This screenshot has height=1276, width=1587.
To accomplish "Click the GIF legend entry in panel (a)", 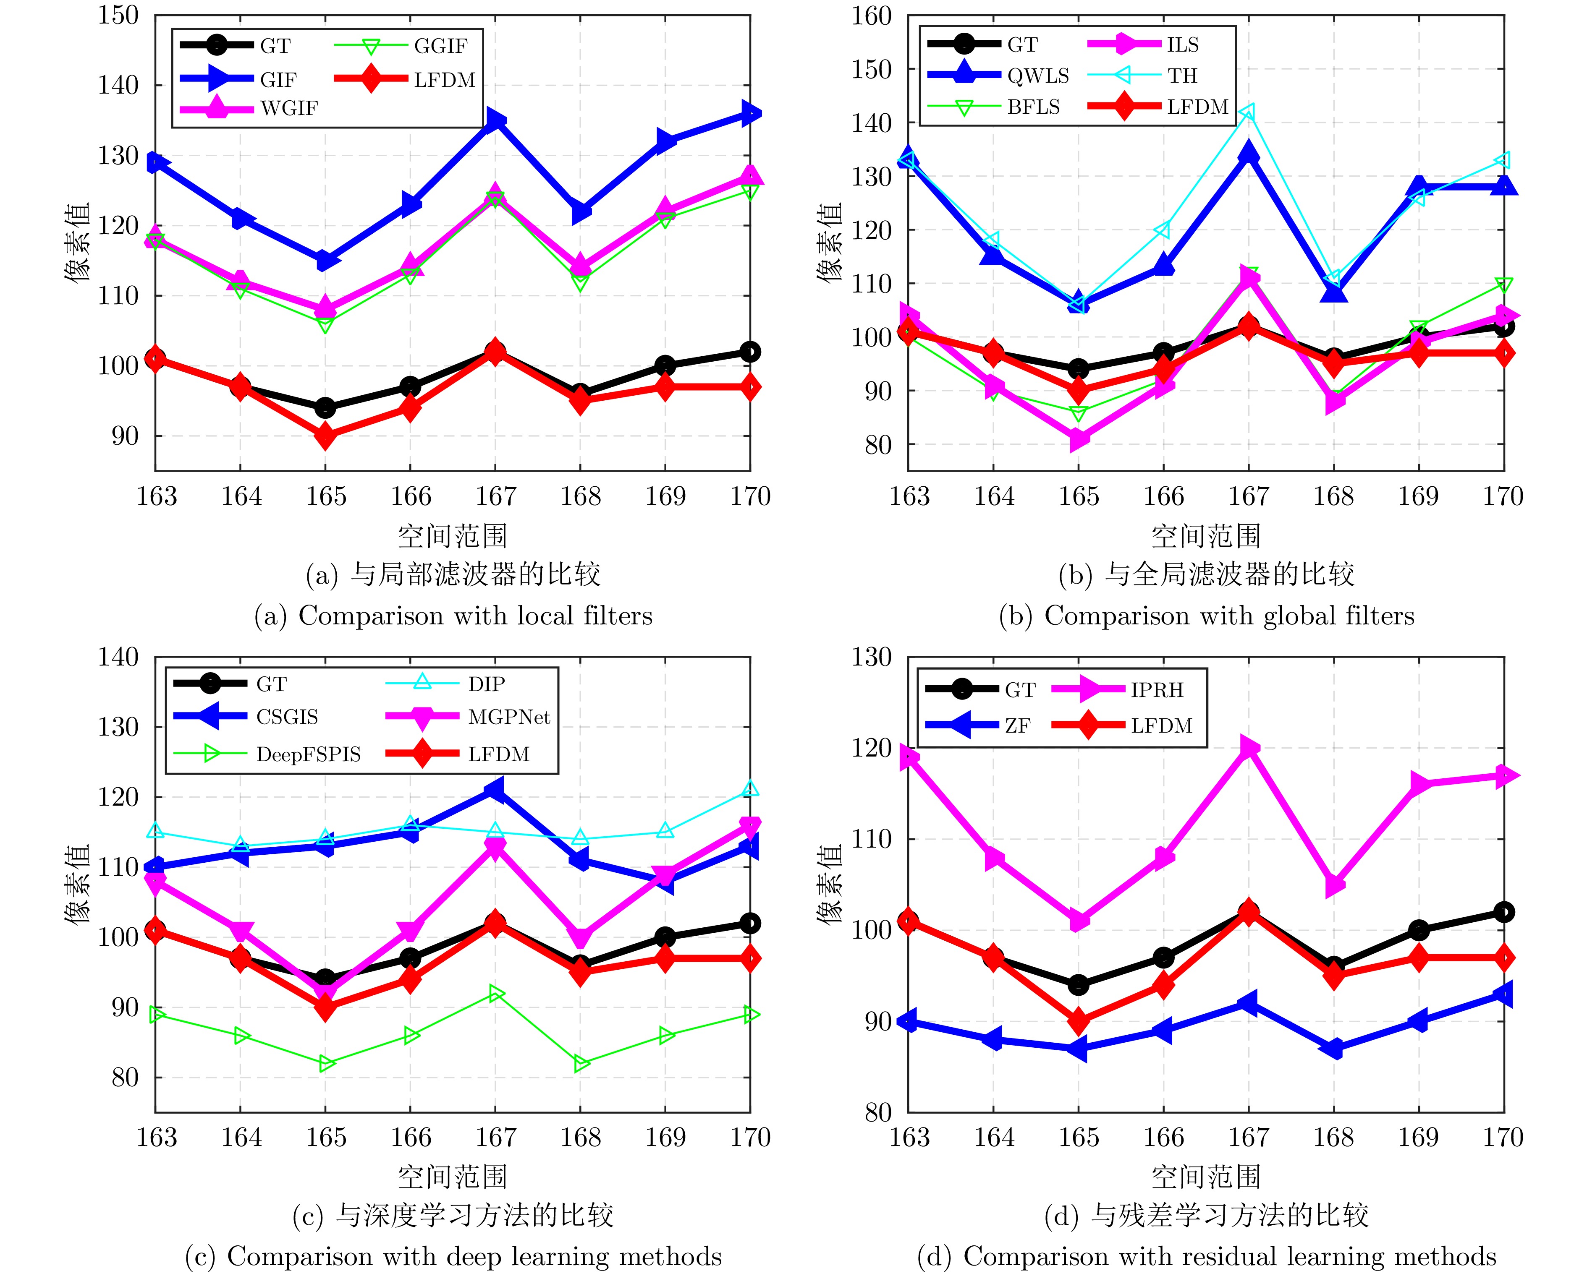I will [278, 79].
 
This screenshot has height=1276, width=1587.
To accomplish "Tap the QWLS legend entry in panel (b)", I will [1038, 76].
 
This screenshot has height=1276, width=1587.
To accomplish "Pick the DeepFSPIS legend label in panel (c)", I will [309, 754].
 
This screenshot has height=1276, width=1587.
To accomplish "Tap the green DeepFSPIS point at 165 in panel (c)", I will [325, 1064].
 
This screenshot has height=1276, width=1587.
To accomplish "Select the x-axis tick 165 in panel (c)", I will [325, 1138].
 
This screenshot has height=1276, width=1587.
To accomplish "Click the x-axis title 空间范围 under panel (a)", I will [453, 536].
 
